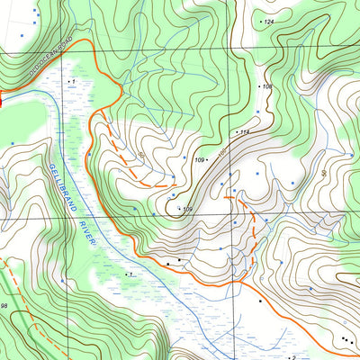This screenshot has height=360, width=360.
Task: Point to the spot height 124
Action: pyautogui.click(x=269, y=21)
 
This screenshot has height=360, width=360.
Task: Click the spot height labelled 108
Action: pyautogui.click(x=266, y=86)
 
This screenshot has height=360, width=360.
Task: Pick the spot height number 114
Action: pyautogui.click(x=243, y=132)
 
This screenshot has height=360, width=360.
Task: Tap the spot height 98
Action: pyautogui.click(x=4, y=307)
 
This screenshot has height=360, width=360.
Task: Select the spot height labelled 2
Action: pyautogui.click(x=292, y=357)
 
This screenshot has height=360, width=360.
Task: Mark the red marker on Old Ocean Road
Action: pyautogui.click(x=2, y=102)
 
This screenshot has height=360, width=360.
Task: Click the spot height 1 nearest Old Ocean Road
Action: pyautogui.click(x=71, y=81)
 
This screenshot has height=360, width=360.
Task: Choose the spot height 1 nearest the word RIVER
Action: pyautogui.click(x=131, y=273)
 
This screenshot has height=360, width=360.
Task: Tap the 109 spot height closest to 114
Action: pyautogui.click(x=200, y=160)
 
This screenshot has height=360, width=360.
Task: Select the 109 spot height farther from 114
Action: pyautogui.click(x=187, y=210)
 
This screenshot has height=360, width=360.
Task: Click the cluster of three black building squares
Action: pyautogui.click(x=346, y=340)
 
